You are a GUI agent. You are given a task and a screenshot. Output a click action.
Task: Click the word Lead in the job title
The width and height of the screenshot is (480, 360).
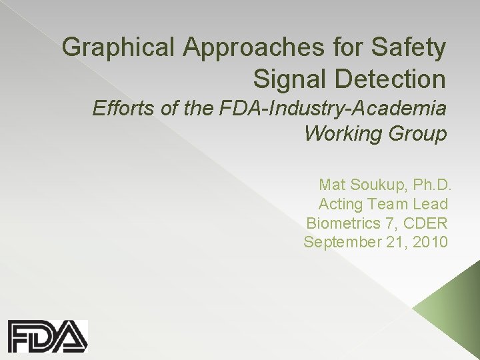coord(433,203)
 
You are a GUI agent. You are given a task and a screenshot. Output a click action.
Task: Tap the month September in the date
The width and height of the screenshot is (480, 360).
coord(341,242)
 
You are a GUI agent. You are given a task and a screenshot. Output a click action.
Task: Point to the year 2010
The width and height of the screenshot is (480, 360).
coord(429,241)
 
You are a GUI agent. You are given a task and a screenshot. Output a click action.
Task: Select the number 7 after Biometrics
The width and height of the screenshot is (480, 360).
coord(391,222)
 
